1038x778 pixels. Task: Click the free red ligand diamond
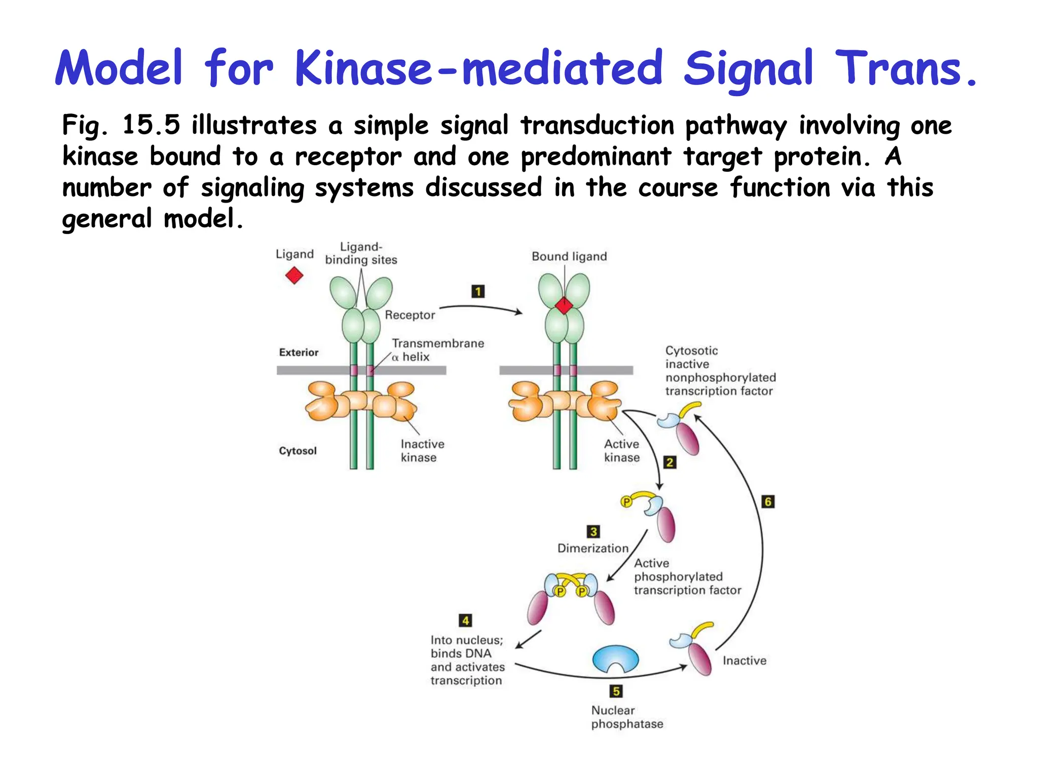point(294,276)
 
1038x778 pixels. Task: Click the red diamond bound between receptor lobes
point(564,305)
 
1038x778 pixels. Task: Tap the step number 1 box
point(478,291)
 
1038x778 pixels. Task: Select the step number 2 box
point(670,462)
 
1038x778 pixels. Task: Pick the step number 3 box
point(593,531)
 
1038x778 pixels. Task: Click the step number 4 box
point(465,620)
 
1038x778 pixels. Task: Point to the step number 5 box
point(616,691)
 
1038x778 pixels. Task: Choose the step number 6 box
point(768,501)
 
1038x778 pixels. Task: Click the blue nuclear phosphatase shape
point(615,658)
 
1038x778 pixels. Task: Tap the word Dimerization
point(592,548)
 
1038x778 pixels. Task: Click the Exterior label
point(299,353)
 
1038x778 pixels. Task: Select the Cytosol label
point(298,451)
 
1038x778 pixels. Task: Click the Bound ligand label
point(569,257)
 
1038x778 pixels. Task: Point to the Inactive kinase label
point(422,451)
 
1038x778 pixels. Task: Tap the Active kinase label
point(621,451)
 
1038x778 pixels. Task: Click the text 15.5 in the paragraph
point(151,125)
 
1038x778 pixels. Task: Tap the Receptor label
point(410,315)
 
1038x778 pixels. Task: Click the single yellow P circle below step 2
point(626,502)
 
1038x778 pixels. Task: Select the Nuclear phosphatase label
point(626,717)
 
